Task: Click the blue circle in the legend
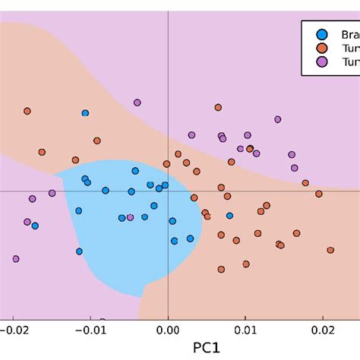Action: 322,34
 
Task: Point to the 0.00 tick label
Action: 167,331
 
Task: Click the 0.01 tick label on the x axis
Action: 245,331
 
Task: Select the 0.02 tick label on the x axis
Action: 323,331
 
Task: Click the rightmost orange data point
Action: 330,250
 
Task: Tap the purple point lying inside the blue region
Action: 130,217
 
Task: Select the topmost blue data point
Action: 85,113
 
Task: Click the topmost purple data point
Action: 137,103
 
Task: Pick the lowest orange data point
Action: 221,269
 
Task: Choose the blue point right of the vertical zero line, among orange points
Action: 229,216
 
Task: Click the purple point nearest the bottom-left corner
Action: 15,259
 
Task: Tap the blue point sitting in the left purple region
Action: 35,226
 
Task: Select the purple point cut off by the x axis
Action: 103,321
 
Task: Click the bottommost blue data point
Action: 77,251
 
